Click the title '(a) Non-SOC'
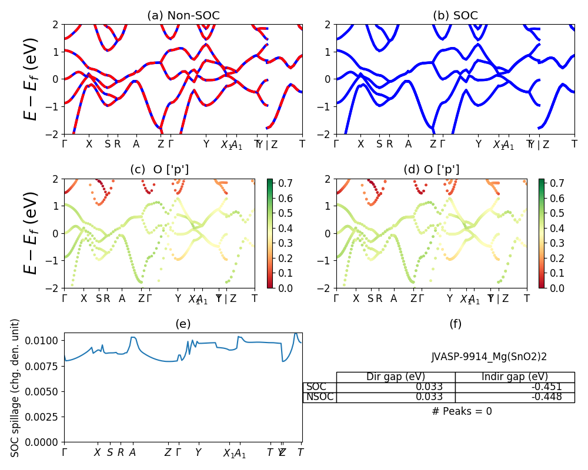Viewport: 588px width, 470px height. pyautogui.click(x=183, y=16)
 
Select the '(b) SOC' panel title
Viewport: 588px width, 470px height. pyautogui.click(x=455, y=16)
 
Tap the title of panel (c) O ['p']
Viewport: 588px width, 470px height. pyautogui.click(x=159, y=170)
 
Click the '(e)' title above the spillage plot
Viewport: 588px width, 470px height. pyautogui.click(x=183, y=324)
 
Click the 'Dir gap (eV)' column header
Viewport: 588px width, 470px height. pyautogui.click(x=396, y=377)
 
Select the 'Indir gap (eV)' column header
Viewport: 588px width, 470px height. pyautogui.click(x=514, y=377)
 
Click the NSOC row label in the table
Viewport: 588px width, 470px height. pyautogui.click(x=320, y=397)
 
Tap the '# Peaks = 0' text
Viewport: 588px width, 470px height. pyautogui.click(x=462, y=411)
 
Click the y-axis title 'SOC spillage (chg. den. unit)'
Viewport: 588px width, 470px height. pyautogui.click(x=16, y=388)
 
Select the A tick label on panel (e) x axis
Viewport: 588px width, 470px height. pyautogui.click(x=132, y=452)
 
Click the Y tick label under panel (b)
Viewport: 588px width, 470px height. pyautogui.click(x=478, y=144)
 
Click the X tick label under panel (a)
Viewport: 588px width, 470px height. pyautogui.click(x=89, y=144)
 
